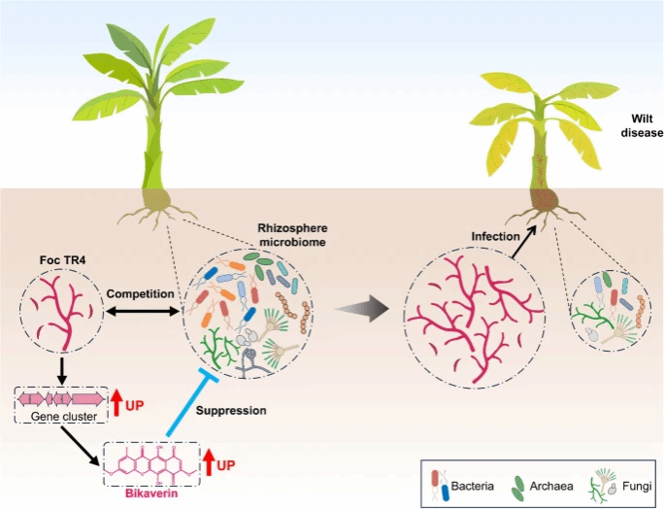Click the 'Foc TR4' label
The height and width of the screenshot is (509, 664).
click(49, 261)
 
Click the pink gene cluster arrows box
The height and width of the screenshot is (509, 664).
click(60, 398)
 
